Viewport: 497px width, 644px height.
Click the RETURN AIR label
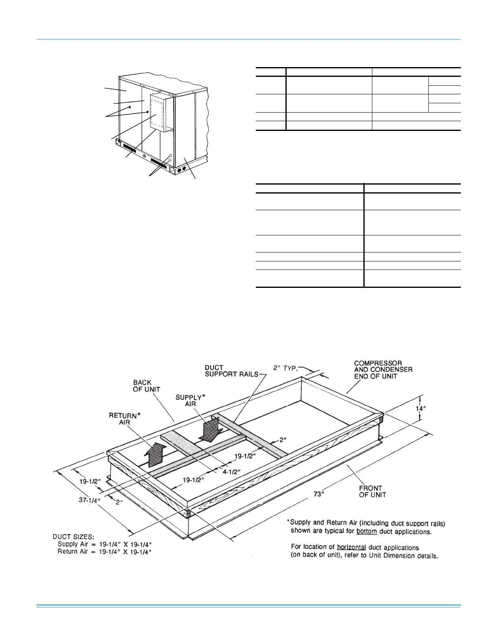pos(124,419)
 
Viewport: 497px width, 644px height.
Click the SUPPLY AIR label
pos(190,400)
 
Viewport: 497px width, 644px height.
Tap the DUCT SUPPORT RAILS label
pos(231,371)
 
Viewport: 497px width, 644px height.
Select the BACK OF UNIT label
pos(146,386)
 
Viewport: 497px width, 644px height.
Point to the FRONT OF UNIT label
pos(372,491)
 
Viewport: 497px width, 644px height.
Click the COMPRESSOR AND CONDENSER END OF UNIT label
pos(383,370)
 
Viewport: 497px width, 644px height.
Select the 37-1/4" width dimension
pos(88,500)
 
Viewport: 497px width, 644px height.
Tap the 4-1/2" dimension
pos(231,472)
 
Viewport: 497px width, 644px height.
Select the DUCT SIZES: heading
pos(73,537)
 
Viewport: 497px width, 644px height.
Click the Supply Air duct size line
pos(105,544)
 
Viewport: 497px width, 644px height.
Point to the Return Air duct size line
pos(105,552)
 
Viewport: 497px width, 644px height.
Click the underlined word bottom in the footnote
pos(367,531)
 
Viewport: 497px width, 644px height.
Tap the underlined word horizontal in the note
pos(351,547)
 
